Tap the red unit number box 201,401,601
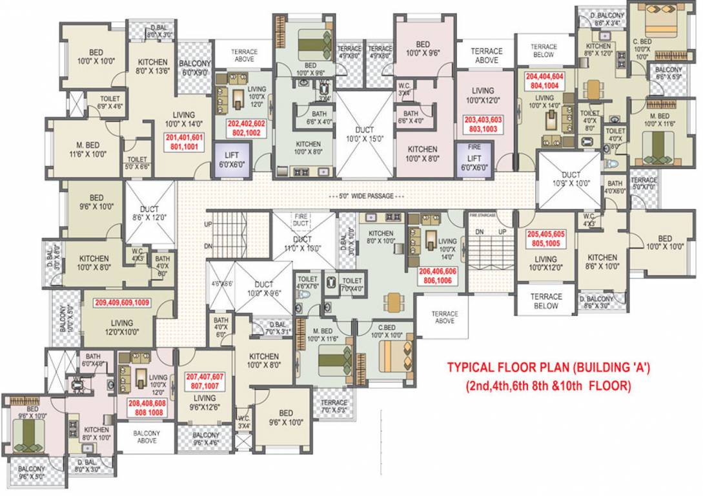point(185,142)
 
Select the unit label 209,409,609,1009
point(122,302)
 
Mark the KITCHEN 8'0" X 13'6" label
point(152,67)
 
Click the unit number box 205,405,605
point(545,239)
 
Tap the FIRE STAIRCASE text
point(482,214)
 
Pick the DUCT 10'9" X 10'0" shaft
point(571,179)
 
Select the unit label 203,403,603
point(483,125)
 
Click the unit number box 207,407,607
point(205,381)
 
